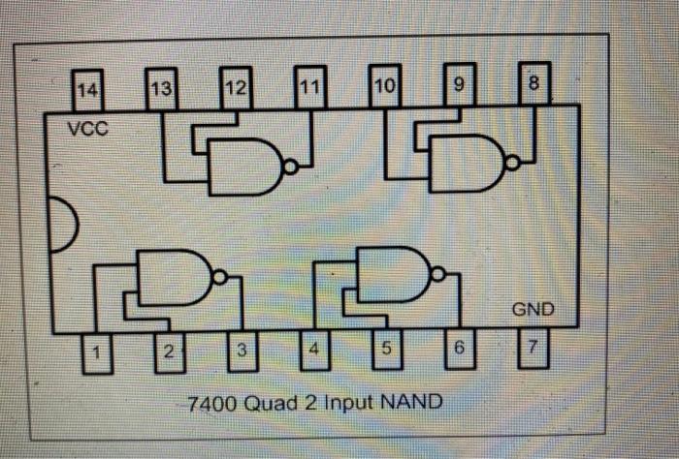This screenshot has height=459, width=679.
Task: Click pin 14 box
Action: coord(88,90)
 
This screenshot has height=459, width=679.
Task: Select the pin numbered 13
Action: coord(162,88)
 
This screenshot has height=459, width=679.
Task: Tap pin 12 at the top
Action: coord(236,88)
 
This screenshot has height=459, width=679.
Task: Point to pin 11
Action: coord(310,87)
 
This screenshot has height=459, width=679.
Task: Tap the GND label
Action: coord(533,310)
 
